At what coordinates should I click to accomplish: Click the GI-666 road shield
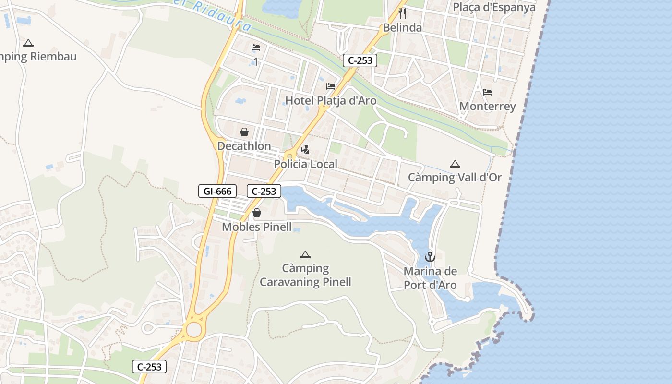click(x=217, y=191)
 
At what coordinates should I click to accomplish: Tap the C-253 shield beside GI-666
click(x=264, y=191)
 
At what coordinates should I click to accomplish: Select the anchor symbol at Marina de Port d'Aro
click(x=430, y=257)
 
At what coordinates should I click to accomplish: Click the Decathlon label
click(x=244, y=146)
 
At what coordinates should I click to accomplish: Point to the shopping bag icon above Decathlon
click(x=244, y=132)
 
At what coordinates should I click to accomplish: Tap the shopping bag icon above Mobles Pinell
click(x=257, y=213)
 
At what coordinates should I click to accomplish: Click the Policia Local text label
click(x=305, y=164)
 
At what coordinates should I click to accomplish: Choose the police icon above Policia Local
click(x=305, y=150)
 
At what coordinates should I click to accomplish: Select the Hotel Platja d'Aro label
click(x=331, y=101)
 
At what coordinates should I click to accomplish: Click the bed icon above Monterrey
click(x=487, y=92)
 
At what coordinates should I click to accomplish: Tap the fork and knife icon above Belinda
click(x=402, y=13)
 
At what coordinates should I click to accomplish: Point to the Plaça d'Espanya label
click(x=494, y=7)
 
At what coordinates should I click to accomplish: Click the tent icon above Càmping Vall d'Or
click(x=455, y=164)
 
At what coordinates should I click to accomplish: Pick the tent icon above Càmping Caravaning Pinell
click(x=305, y=254)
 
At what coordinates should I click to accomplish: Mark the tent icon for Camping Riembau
click(x=28, y=43)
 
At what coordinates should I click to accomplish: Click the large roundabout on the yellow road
click(x=194, y=330)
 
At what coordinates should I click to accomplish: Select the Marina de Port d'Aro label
click(x=430, y=278)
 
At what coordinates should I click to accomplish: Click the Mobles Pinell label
click(x=257, y=227)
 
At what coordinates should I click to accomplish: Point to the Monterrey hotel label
click(x=487, y=106)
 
